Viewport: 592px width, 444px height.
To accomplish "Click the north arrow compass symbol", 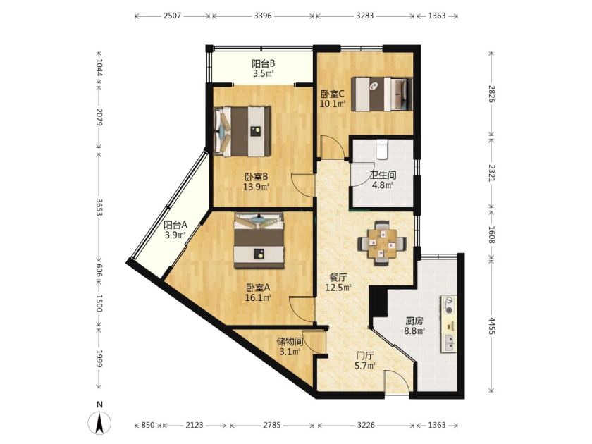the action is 99,423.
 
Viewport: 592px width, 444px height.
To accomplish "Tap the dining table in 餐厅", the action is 382,242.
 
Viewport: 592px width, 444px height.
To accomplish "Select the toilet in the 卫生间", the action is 383,149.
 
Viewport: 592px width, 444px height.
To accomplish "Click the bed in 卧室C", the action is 381,94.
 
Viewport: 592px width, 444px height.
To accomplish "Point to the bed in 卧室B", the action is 242,131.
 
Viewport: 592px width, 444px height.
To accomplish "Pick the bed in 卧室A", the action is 259,240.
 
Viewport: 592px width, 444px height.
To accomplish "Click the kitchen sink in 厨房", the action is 449,344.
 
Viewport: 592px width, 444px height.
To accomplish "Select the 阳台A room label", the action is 175,226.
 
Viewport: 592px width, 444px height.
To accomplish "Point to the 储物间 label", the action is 290,342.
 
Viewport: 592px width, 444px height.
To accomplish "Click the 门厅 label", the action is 366,356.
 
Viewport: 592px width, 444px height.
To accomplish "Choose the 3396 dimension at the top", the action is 263,16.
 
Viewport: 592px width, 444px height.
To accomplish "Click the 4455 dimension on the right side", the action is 491,326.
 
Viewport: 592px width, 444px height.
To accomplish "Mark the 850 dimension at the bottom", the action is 147,425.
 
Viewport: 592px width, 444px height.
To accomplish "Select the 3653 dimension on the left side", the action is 99,207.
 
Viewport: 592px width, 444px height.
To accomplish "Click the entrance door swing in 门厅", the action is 396,383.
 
